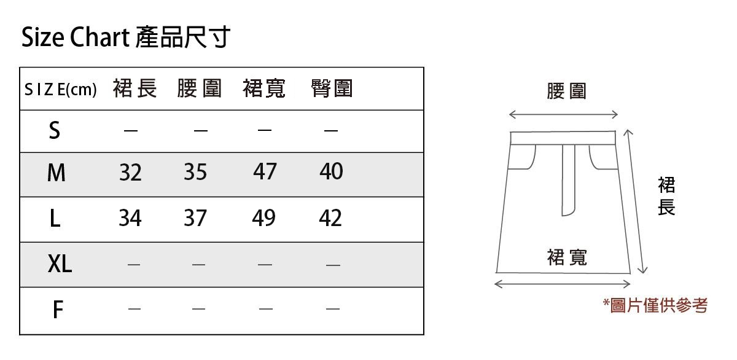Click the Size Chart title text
(125, 37)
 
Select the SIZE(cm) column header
(60, 90)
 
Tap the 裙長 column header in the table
(135, 89)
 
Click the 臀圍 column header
(332, 89)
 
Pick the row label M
(56, 174)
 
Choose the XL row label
(60, 264)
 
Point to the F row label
(58, 310)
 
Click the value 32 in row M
(130, 173)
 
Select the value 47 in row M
(265, 172)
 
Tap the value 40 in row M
(331, 172)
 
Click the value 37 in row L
(195, 217)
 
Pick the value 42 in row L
(331, 217)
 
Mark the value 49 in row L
(263, 217)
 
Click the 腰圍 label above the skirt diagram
(566, 91)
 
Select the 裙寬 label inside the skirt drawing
(567, 257)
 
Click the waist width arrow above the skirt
(563, 114)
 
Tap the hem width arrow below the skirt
(563, 284)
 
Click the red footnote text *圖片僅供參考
(655, 305)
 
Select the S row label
(55, 130)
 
